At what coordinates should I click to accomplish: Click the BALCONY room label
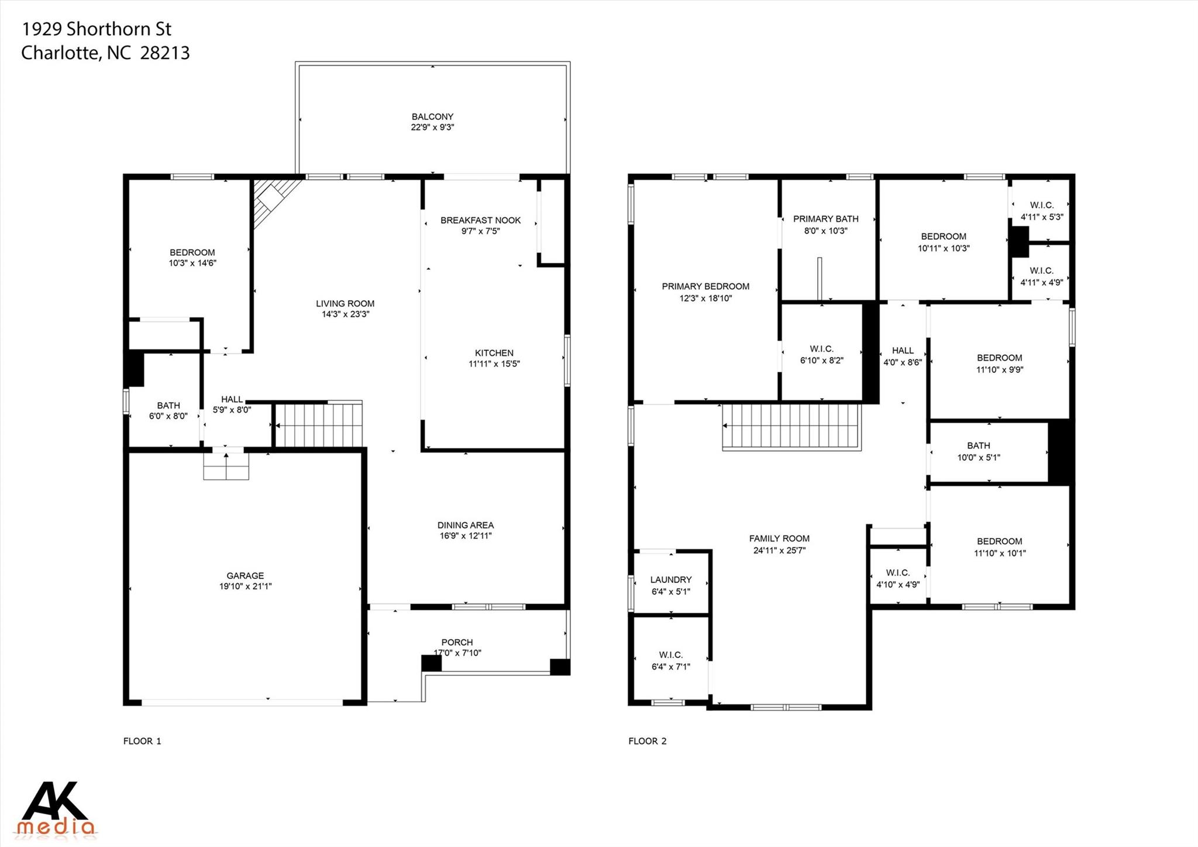click(432, 116)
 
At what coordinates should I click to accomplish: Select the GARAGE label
click(245, 575)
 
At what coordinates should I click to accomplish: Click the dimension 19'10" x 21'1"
click(245, 586)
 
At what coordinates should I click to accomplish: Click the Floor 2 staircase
click(792, 427)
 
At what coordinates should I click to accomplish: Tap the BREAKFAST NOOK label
click(480, 220)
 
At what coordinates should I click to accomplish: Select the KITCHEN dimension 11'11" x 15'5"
click(494, 364)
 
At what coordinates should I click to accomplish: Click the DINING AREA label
click(466, 525)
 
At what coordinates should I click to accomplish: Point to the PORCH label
click(457, 642)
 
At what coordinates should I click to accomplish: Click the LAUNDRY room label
click(671, 579)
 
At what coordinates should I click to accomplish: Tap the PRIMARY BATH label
click(826, 219)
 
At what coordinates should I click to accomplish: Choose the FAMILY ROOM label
click(779, 539)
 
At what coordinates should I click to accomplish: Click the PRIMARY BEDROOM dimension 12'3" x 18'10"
click(705, 298)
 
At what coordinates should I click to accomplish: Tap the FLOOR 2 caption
click(648, 741)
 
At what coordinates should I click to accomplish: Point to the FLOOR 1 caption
click(142, 741)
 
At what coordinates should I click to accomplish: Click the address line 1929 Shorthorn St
click(97, 29)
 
